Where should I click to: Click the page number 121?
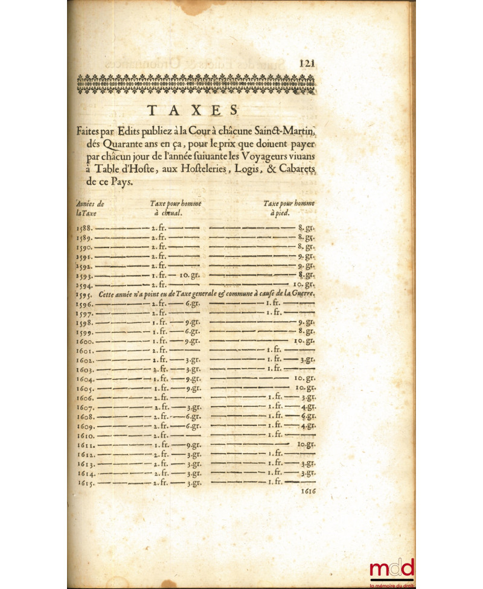[x=308, y=63]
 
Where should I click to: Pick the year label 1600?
[x=85, y=340]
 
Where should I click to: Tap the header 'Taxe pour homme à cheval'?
[x=175, y=208]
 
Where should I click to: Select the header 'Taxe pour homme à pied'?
[x=288, y=208]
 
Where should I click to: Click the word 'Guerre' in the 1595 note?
[x=303, y=293]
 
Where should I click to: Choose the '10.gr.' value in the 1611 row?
[x=306, y=444]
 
